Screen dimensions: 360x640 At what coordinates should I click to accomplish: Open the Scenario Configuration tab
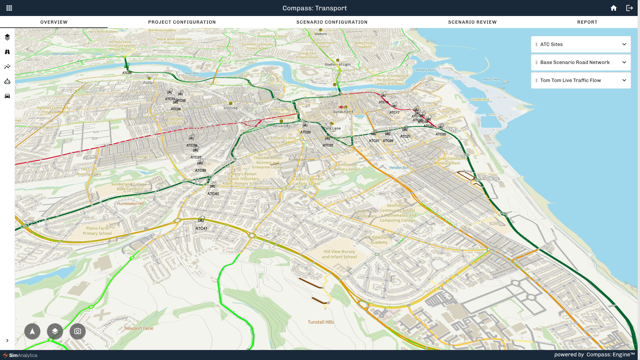[332, 22]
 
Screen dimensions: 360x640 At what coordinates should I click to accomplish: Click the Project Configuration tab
[182, 22]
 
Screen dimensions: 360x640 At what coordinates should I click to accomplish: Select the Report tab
[587, 22]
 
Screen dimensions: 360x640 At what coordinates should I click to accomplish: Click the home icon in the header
[613, 8]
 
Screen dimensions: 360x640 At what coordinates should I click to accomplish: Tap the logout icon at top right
[629, 8]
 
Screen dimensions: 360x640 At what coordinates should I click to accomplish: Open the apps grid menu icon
[9, 8]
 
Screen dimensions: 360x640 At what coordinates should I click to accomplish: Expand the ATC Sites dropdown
[624, 44]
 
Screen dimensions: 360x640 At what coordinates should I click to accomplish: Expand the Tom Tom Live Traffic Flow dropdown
[624, 80]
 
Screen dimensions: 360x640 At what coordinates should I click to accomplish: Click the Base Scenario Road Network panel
[580, 62]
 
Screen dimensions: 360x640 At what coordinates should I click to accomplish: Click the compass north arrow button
[32, 331]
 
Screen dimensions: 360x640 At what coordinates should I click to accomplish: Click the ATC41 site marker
[201, 219]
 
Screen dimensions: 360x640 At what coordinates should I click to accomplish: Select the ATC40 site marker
[213, 185]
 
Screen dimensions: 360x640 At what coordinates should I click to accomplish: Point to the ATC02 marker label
[127, 73]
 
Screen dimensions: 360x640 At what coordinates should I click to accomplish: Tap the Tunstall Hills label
[321, 322]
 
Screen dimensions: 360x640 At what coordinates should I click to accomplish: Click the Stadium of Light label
[337, 64]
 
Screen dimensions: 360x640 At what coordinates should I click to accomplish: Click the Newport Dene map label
[139, 328]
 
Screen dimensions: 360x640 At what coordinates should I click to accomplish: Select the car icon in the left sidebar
[7, 96]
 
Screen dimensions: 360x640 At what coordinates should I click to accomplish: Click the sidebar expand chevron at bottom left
[7, 340]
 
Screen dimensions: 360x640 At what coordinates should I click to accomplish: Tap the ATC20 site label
[441, 134]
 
